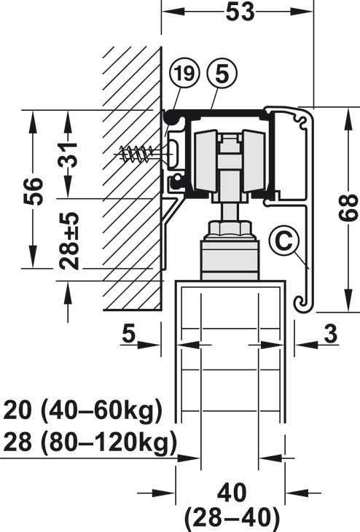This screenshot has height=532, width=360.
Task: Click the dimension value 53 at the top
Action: pos(240,12)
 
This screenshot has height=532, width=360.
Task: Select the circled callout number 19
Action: pos(185,74)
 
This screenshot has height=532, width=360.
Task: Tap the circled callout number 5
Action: pos(222,74)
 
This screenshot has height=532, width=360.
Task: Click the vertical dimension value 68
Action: pos(348,208)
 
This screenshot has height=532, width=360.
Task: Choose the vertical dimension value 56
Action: pos(34,191)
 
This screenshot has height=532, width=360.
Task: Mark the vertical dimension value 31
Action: pos(69,154)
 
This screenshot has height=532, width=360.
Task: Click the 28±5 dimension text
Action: pos(69,241)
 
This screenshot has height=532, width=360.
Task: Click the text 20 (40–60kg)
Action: pos(83,411)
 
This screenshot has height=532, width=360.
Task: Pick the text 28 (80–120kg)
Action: pos(90,443)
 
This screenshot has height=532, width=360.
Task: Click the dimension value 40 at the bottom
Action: pos(232,493)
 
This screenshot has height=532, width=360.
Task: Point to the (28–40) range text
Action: pos(232,517)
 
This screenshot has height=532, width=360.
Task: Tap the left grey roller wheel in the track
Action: pos(206,161)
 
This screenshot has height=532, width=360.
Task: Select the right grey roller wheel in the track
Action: pos(254,161)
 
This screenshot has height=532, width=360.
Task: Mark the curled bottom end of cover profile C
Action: pos(301,302)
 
